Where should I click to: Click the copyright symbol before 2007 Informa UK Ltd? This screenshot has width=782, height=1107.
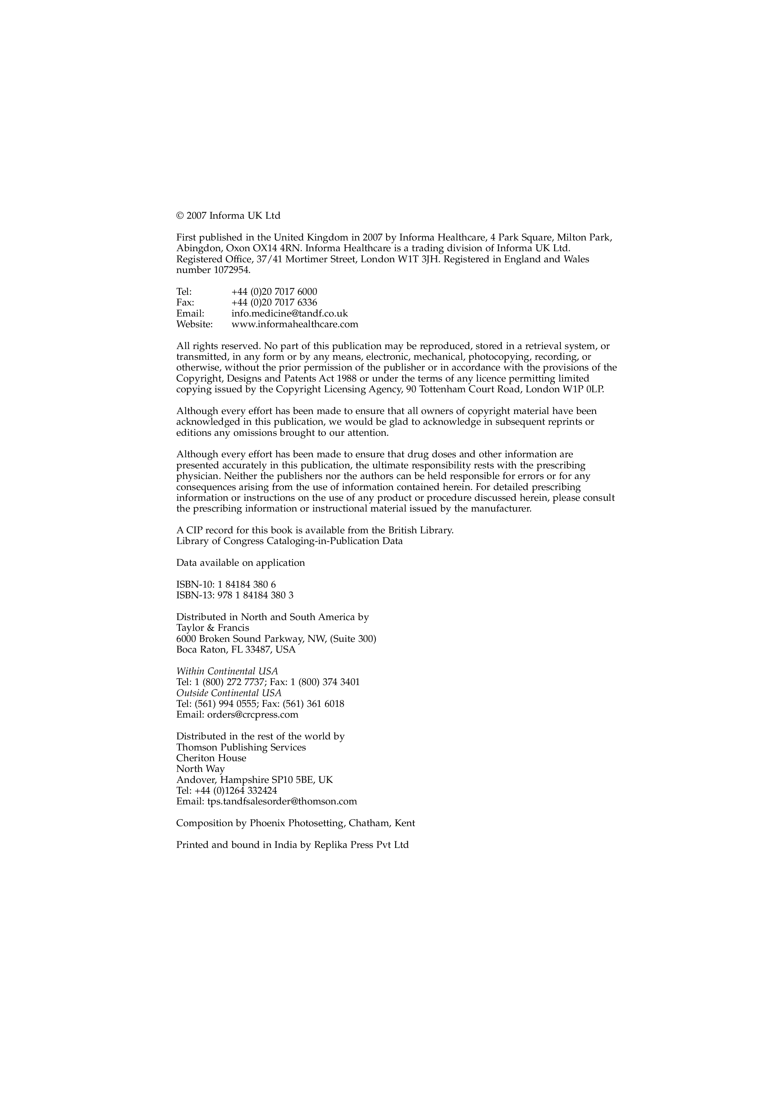tap(180, 216)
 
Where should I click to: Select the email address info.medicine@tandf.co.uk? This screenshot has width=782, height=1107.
tap(290, 313)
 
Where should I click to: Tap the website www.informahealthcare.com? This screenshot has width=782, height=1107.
tap(295, 324)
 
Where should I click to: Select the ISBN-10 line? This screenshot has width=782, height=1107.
tap(226, 585)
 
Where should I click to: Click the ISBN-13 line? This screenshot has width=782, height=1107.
tap(235, 595)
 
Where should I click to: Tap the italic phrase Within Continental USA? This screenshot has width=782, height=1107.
tap(227, 672)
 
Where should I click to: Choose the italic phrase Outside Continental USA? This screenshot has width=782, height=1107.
tap(229, 693)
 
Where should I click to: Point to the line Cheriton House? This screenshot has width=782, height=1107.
tap(211, 758)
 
